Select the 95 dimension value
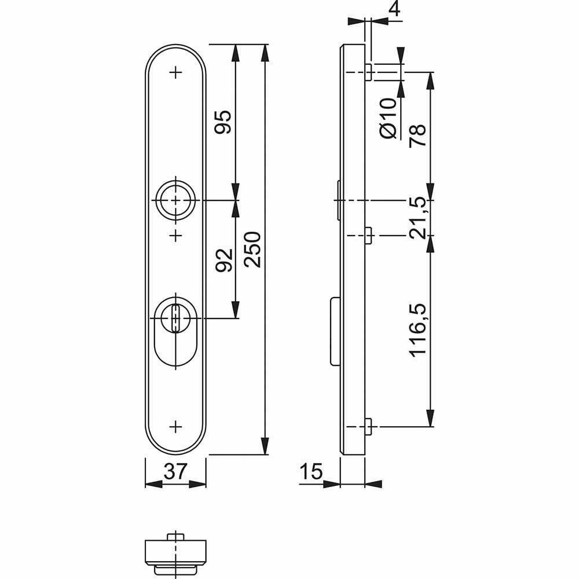coord(223,122)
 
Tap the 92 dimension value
coord(223,261)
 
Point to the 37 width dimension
coord(175,471)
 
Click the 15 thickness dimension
coord(311,471)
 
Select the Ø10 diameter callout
coord(388,119)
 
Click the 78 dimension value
coord(417,135)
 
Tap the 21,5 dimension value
coord(417,218)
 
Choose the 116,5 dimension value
coord(417,331)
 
